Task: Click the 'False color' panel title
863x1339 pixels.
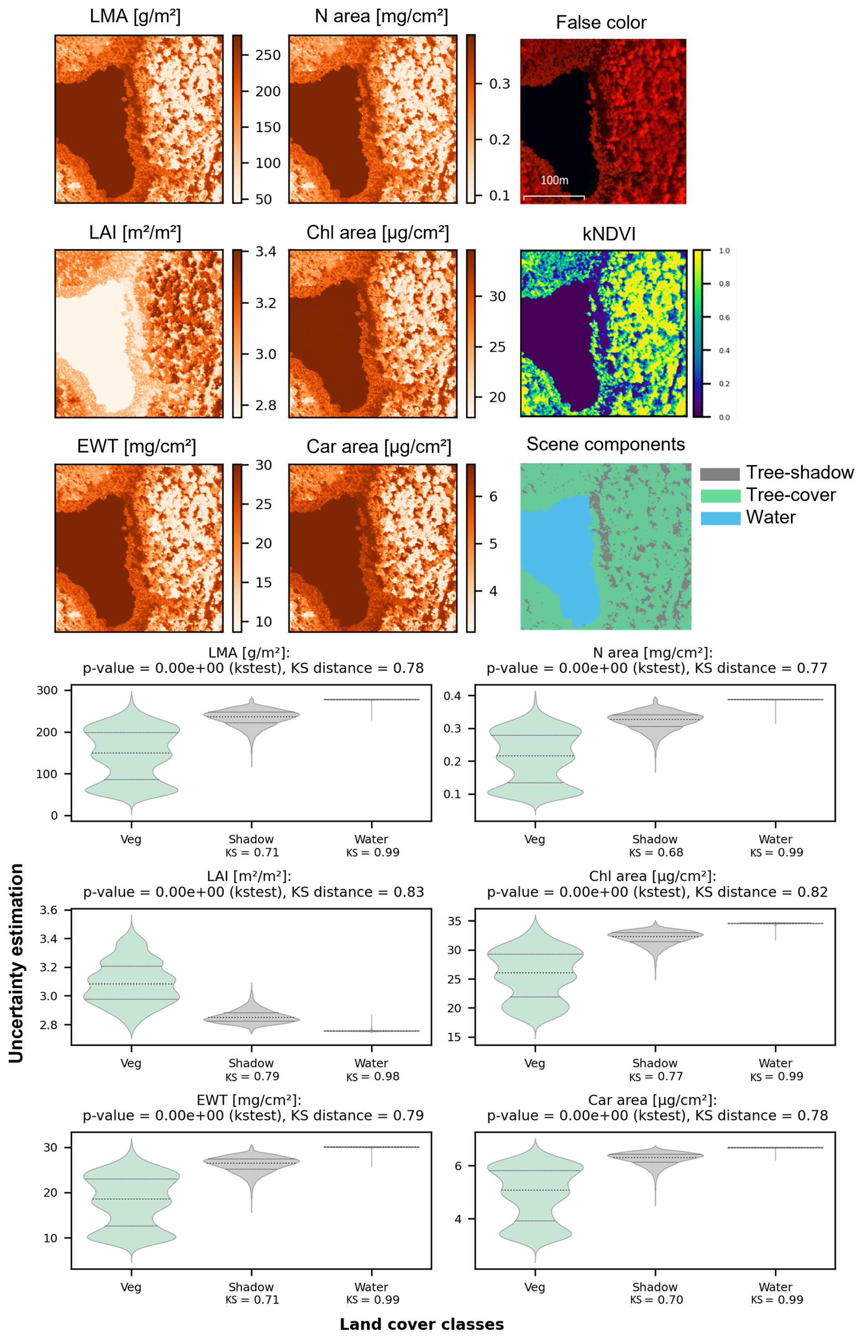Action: [x=601, y=22]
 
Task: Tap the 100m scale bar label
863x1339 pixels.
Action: [x=554, y=181]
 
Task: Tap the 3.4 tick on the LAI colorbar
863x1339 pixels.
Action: [x=265, y=251]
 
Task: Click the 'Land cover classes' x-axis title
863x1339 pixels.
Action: [x=421, y=1324]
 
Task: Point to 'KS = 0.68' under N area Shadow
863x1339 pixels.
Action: [x=655, y=853]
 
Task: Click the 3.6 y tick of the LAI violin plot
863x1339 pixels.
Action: [x=48, y=910]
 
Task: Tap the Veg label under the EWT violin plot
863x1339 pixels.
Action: [x=130, y=1287]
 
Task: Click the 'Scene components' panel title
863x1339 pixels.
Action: [x=605, y=444]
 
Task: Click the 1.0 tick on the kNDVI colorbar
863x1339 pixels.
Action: [x=724, y=251]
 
